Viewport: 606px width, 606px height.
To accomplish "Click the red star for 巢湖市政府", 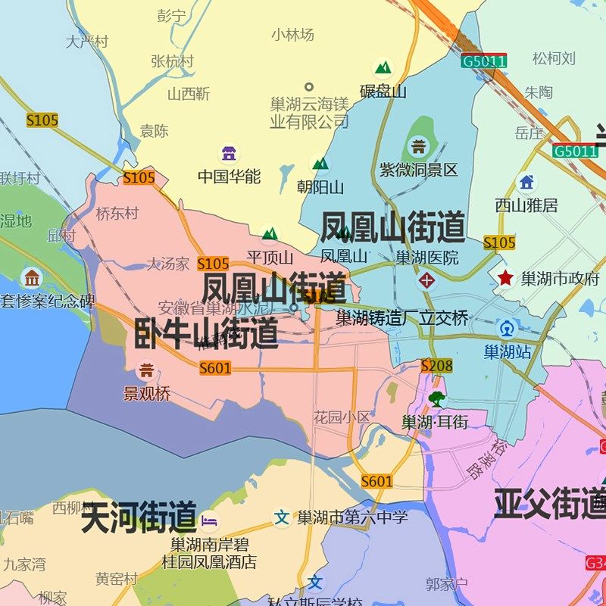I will (505, 278).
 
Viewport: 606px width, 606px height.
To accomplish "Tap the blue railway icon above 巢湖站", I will (507, 330).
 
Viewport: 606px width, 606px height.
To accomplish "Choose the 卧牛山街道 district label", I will (206, 333).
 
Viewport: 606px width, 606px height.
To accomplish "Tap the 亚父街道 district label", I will (550, 504).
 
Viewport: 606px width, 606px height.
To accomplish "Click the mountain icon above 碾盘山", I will (383, 67).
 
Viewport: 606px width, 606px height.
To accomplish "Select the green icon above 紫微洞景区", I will (418, 145).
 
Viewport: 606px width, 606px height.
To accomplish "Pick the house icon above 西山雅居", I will (526, 182).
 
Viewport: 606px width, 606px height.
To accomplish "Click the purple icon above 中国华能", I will (229, 154).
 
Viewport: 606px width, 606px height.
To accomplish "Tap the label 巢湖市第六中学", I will (352, 517).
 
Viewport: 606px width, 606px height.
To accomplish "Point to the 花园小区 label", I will (342, 417).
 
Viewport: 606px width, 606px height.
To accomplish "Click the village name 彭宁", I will (171, 15).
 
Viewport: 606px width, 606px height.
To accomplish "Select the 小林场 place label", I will (292, 34).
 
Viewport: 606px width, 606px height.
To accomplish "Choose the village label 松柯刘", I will (554, 58).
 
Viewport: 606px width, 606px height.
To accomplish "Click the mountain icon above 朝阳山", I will (320, 163).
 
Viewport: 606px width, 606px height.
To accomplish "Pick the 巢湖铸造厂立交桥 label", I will (402, 318).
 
